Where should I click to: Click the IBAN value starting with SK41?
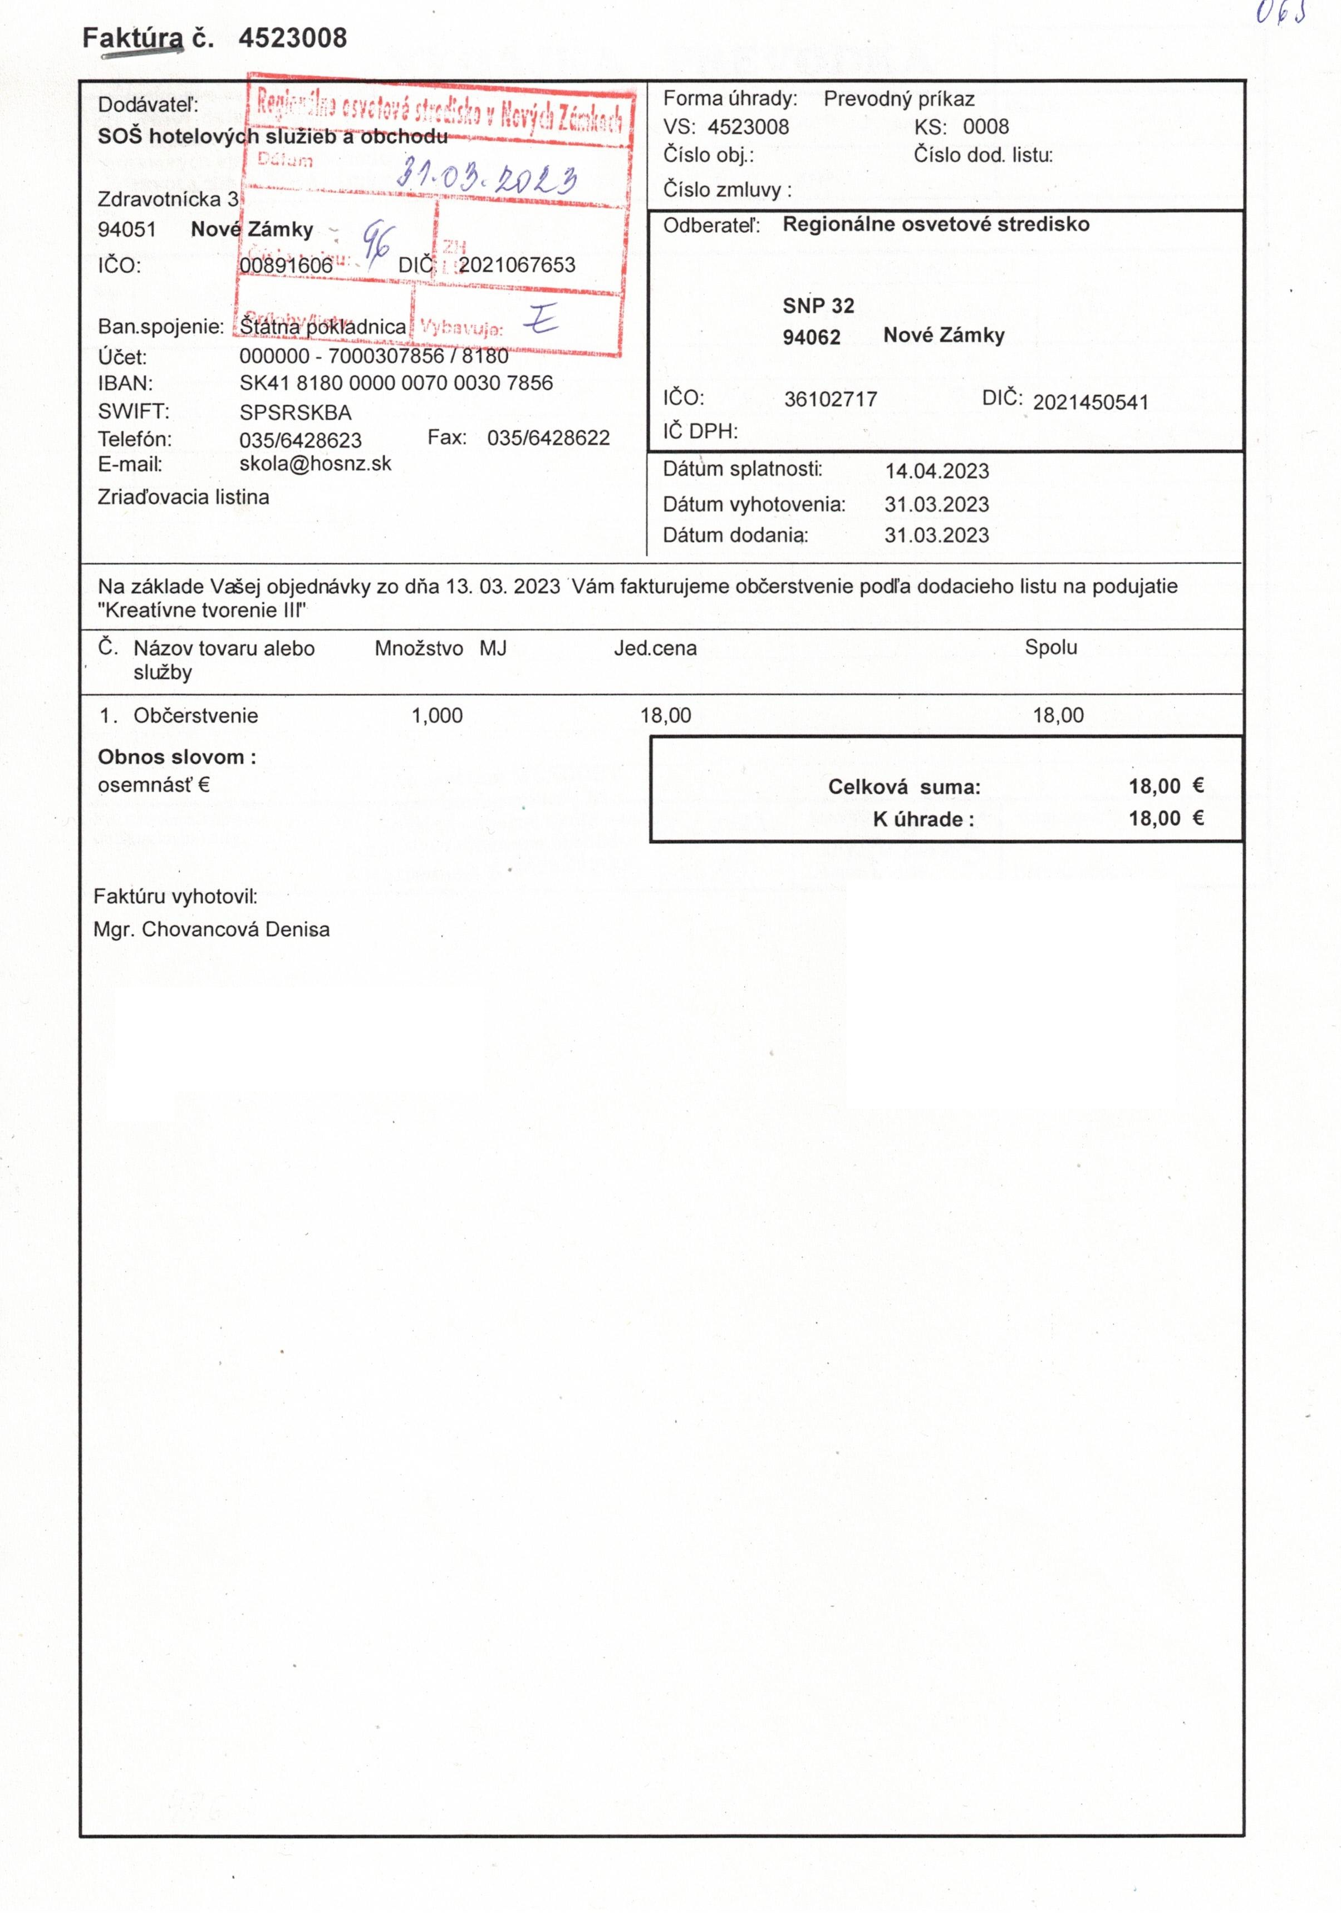[x=396, y=383]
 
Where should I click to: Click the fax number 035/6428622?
[x=548, y=438]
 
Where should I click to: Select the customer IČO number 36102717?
[x=830, y=399]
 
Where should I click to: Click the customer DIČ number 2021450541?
[x=1090, y=402]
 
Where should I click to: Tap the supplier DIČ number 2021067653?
[x=517, y=265]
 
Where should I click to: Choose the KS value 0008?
[x=985, y=127]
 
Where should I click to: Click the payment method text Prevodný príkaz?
[x=898, y=99]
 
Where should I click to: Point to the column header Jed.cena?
[x=655, y=648]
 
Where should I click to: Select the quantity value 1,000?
[x=437, y=716]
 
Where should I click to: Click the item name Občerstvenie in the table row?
[x=196, y=716]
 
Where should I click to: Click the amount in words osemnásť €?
[x=153, y=785]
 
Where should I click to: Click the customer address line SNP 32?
[x=818, y=306]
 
